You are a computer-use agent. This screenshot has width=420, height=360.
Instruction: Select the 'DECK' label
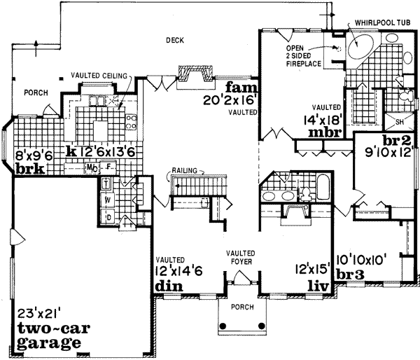pyautogui.click(x=175, y=41)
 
